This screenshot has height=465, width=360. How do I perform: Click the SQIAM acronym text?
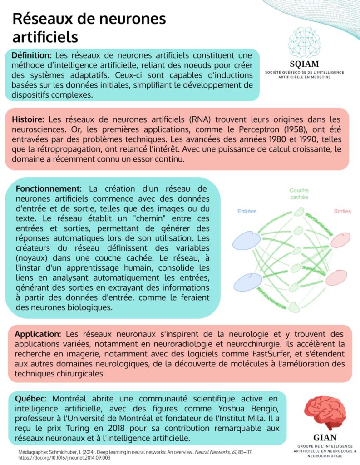click(304, 64)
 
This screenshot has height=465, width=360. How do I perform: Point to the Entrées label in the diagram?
click(247, 211)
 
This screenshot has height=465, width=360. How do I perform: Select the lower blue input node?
click(248, 282)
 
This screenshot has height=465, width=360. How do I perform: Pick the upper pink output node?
click(340, 240)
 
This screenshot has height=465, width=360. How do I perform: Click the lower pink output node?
click(336, 277)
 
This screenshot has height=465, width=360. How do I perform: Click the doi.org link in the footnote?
click(61, 458)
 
